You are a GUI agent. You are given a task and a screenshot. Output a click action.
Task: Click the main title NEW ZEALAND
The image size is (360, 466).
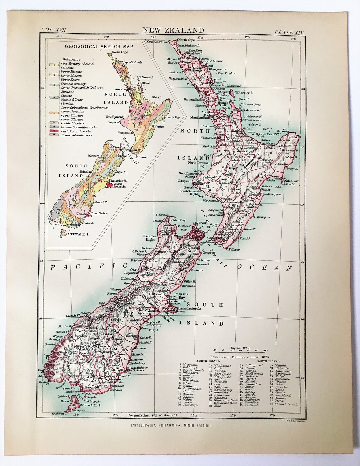click(173, 30)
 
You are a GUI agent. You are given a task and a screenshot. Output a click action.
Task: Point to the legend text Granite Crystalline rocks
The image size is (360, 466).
click(79, 127)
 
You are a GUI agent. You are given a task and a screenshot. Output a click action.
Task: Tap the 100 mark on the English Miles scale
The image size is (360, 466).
click(264, 351)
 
